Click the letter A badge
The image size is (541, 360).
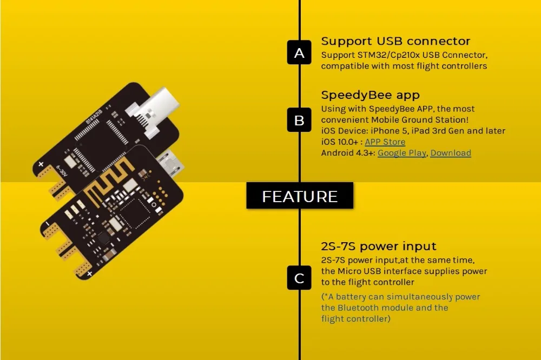click(299, 52)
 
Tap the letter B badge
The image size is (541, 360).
click(299, 120)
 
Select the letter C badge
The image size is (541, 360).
click(299, 278)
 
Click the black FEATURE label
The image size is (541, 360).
click(300, 196)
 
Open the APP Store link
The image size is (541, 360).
click(385, 142)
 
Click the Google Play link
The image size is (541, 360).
click(402, 153)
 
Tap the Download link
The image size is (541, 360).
click(451, 153)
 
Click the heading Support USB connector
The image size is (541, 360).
click(395, 41)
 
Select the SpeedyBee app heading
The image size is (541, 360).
click(370, 95)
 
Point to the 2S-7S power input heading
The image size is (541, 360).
click(379, 246)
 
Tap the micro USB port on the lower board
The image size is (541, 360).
click(170, 162)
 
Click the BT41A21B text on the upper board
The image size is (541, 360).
click(94, 117)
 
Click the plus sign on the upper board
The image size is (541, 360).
click(41, 164)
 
